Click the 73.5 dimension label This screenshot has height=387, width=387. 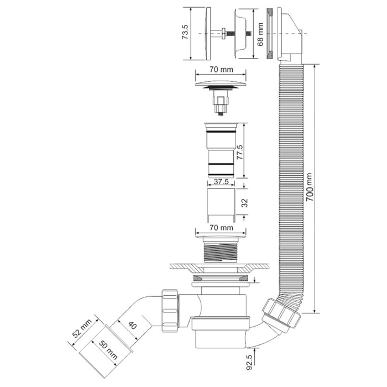[x=185, y=32]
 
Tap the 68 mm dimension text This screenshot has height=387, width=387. [x=260, y=34]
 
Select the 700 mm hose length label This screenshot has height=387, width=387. [x=309, y=187]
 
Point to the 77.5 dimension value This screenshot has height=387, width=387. [x=239, y=152]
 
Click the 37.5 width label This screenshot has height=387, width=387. [x=221, y=182]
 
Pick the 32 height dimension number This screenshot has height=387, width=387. [x=244, y=203]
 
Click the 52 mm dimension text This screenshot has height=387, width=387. [x=82, y=328]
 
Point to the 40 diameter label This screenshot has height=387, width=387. [x=132, y=326]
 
